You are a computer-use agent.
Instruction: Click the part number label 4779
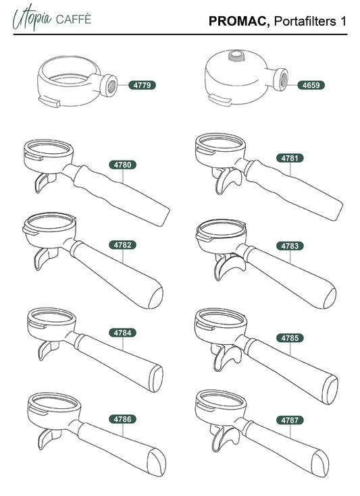142,85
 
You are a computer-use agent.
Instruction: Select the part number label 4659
311,85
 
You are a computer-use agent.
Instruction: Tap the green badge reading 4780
122,165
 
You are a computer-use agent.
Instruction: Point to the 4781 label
290,158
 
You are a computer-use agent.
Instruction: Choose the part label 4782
122,245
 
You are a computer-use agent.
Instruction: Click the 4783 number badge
290,246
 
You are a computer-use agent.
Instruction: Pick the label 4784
122,333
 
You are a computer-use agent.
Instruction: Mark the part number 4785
290,338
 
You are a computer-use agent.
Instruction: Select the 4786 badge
122,419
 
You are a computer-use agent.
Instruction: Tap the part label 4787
290,420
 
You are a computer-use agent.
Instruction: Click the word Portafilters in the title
305,22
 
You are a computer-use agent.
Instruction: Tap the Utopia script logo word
32,18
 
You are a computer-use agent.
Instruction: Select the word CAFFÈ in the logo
74,19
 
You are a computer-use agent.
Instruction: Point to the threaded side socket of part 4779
109,85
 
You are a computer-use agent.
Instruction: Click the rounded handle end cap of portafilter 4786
157,462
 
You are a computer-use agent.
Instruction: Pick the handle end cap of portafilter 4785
330,390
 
